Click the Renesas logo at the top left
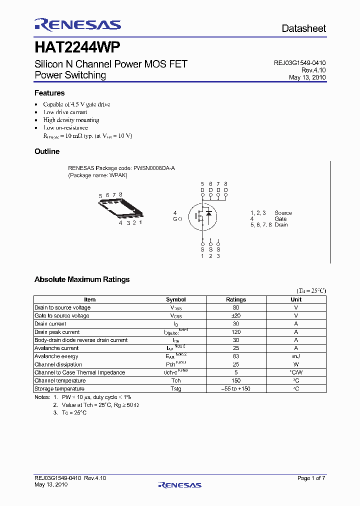coord(77,25)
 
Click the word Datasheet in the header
coord(303,28)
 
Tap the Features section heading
coord(49,93)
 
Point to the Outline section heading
coord(47,151)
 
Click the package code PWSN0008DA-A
coord(154,168)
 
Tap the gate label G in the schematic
coord(175,219)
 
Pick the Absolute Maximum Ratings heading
coord(82,279)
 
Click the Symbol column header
coord(175,299)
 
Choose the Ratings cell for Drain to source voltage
coord(236,307)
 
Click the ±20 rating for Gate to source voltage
coord(236,315)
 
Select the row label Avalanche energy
coord(56,356)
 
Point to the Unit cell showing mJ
coord(296,356)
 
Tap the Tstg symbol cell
coord(175,388)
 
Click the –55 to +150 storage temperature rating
coord(236,388)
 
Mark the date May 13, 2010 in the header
coord(307,77)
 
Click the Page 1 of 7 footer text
coord(311,478)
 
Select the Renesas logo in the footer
coord(179,484)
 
